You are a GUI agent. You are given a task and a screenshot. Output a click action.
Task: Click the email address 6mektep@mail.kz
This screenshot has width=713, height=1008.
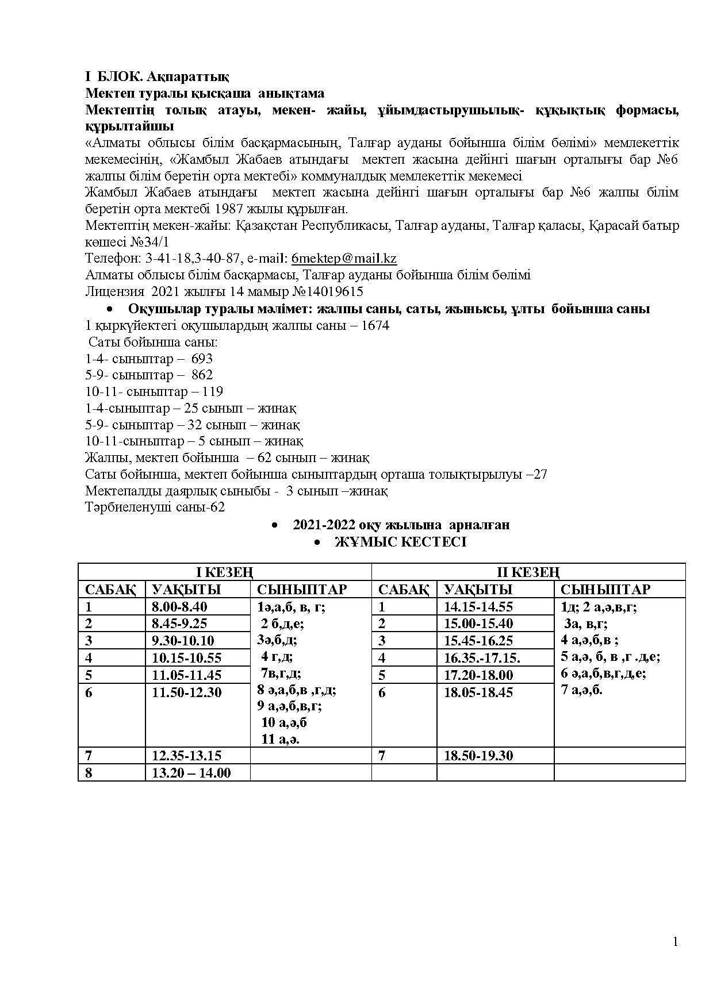(344, 258)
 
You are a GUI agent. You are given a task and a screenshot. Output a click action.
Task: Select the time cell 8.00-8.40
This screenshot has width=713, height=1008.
(179, 606)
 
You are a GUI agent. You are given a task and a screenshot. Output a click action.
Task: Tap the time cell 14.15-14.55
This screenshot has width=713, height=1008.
(478, 606)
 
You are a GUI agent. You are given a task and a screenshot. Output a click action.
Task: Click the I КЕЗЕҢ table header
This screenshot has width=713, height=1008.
(224, 572)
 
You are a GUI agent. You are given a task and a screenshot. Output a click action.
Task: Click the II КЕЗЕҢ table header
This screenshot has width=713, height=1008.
(528, 572)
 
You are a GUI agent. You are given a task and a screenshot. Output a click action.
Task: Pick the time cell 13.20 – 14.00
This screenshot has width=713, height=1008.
(191, 773)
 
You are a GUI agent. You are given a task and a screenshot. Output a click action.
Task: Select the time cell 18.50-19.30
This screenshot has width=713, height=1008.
(478, 755)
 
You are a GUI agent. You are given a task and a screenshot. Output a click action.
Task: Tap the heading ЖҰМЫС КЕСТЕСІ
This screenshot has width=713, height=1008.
(400, 542)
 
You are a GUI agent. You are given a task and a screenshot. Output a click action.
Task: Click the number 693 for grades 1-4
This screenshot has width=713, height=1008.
(202, 359)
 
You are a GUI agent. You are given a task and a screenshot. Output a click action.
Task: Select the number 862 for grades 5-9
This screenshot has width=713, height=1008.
(202, 375)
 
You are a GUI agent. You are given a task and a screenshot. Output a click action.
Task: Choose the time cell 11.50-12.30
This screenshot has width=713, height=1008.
(186, 692)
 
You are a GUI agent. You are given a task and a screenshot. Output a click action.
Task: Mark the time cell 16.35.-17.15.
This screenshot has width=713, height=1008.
(482, 657)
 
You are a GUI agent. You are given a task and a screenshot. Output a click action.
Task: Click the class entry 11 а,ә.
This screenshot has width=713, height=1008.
(280, 739)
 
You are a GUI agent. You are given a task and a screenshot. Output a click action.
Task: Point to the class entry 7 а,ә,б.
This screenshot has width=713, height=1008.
(582, 690)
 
